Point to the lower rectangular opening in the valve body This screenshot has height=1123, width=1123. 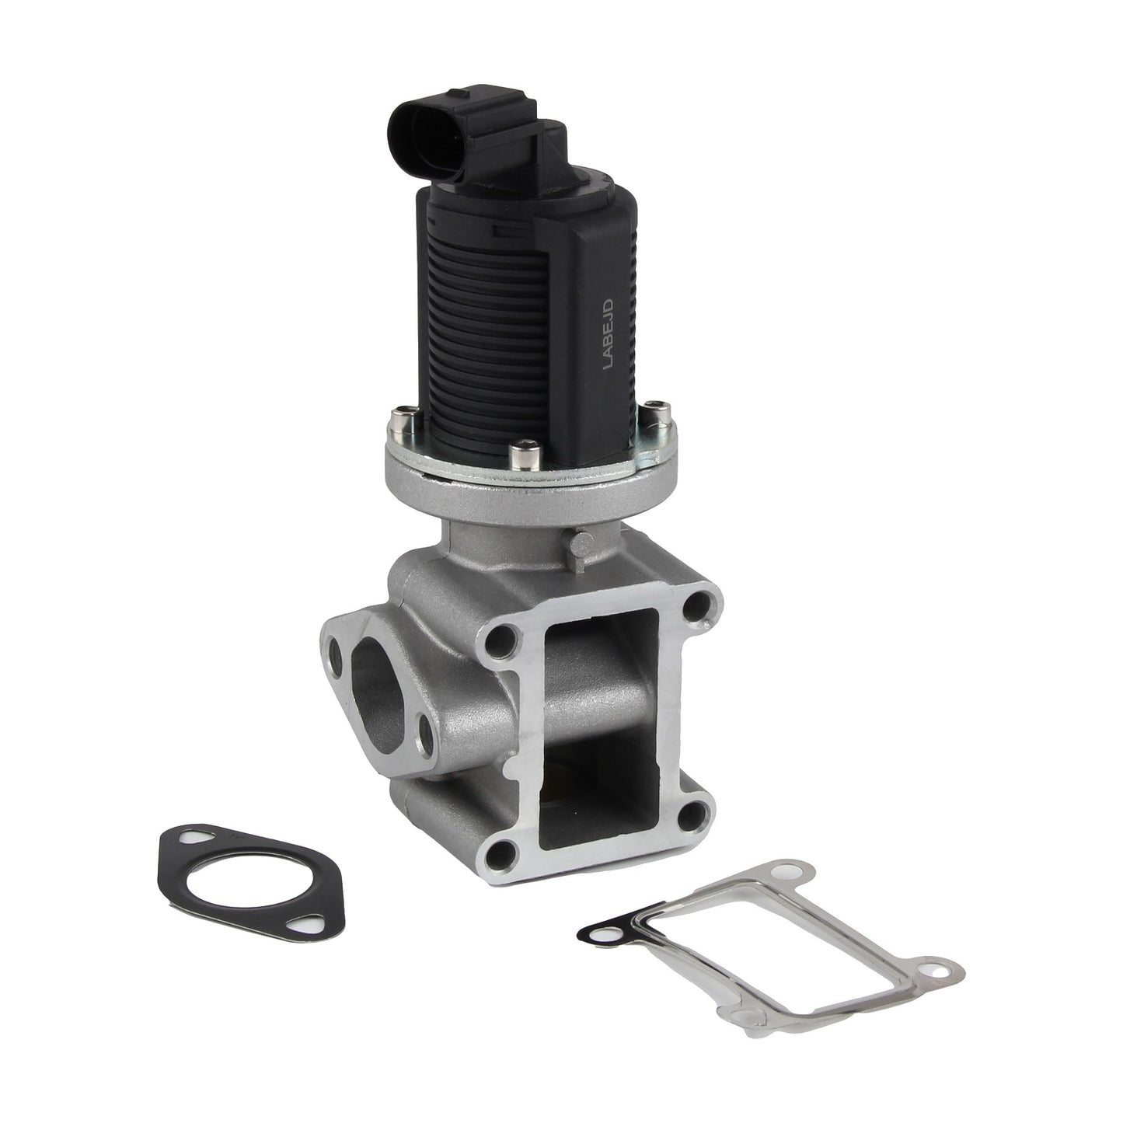(x=598, y=808)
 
